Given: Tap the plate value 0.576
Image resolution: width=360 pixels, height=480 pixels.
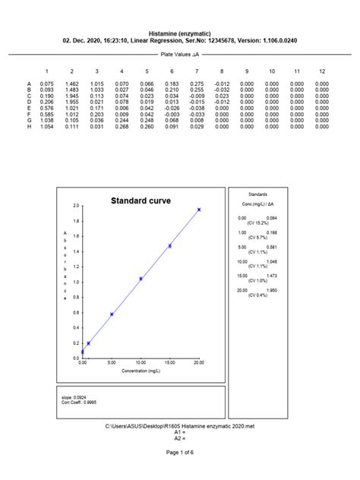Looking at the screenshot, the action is (x=47, y=108).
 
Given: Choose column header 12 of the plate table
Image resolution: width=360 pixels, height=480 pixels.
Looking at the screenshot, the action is (x=321, y=70).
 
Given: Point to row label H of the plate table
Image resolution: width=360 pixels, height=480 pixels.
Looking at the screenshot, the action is (x=29, y=126).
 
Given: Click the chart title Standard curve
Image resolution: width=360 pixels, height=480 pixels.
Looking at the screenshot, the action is (x=141, y=201).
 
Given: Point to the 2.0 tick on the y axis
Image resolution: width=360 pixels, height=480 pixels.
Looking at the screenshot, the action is (x=76, y=206).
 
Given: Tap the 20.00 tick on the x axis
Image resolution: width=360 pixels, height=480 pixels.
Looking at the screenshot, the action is (x=199, y=363).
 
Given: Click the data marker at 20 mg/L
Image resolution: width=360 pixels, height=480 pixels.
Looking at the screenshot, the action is (x=199, y=209).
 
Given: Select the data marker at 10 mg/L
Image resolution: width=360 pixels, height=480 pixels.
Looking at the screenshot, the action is (x=141, y=279).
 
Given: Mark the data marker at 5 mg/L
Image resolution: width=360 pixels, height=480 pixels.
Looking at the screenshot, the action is (x=112, y=314).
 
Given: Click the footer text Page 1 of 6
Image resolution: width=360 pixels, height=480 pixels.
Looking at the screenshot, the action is (x=179, y=453).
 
